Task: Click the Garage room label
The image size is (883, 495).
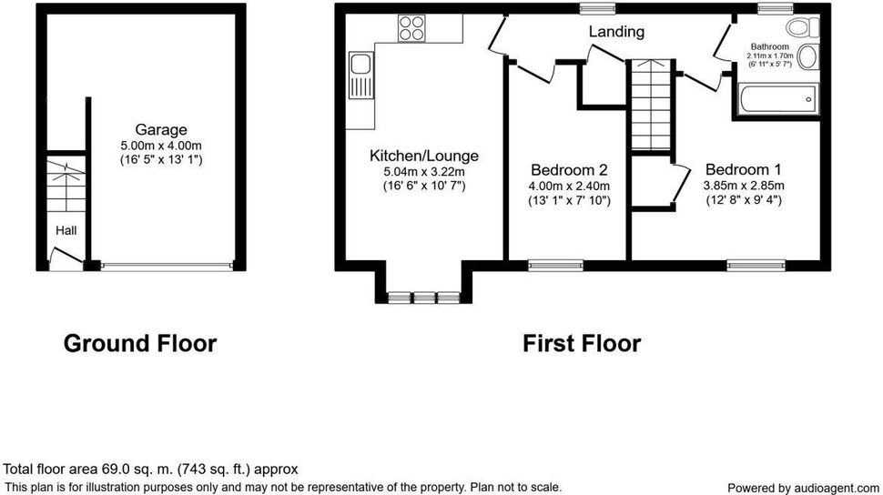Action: point(160,130)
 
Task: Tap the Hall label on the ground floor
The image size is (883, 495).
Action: point(66,230)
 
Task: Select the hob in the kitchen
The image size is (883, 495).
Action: point(411,27)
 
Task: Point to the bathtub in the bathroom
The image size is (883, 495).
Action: point(778,99)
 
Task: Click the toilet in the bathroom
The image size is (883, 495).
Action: point(803,26)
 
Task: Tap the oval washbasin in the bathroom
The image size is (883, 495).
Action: point(807,57)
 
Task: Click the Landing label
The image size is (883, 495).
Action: point(616,32)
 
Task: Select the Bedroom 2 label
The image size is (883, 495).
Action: point(569,169)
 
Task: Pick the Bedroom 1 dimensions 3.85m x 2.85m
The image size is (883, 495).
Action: point(744,186)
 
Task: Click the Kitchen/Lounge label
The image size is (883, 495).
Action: point(424,156)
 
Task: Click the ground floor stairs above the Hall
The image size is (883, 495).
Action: point(66,185)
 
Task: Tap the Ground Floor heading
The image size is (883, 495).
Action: point(139,344)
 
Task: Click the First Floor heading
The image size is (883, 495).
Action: point(582,344)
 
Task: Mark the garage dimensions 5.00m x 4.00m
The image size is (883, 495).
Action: point(160,146)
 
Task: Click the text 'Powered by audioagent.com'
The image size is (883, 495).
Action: point(803,488)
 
